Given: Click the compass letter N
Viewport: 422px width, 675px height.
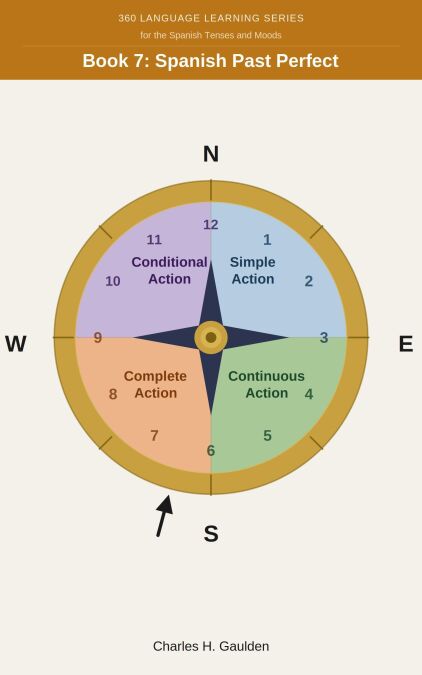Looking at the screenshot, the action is point(211,154).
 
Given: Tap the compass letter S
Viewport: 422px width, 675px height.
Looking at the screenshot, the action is point(211,534).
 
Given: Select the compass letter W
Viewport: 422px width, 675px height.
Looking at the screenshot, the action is point(16,344).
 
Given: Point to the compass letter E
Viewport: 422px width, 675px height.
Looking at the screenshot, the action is point(406,344).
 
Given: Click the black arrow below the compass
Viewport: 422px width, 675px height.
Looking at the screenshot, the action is point(164,516).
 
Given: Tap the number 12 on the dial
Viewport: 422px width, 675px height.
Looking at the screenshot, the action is point(211,225).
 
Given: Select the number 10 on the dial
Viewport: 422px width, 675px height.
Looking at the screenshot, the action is point(113,282).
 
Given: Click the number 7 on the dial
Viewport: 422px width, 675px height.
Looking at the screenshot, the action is point(154,436).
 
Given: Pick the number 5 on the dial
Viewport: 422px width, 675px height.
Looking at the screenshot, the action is point(267,436).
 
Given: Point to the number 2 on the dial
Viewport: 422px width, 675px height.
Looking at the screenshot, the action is point(309,282).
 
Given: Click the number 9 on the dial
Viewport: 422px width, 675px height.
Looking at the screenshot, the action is point(98,338).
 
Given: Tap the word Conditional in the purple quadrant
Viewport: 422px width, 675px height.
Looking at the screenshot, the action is point(169,262).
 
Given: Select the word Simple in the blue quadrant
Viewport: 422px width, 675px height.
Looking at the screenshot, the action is point(252,262).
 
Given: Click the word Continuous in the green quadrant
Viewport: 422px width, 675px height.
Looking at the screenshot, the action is point(266,376).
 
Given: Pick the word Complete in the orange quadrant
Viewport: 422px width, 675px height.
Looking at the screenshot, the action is point(155,376).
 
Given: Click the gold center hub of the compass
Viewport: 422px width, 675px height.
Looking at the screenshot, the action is point(211,338).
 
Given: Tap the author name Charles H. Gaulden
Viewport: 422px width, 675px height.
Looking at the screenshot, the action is point(211,646).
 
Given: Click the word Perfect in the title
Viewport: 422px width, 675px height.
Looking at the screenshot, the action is point(307,61).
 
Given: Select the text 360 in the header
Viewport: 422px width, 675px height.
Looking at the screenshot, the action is point(127,18).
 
